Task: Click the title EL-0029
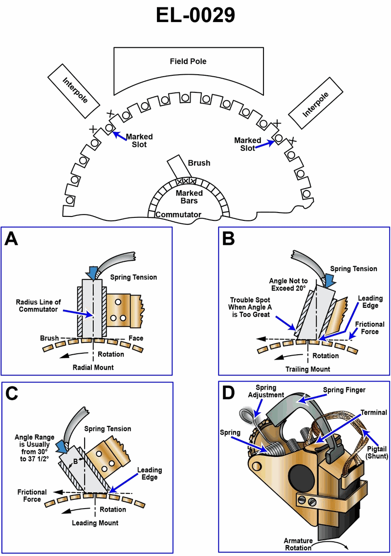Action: coord(195,16)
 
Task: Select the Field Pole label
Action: coord(188,62)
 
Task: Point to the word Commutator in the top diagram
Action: coord(178,214)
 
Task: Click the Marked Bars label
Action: coord(189,197)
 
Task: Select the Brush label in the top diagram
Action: coord(199,163)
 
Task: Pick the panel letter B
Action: coord(230,239)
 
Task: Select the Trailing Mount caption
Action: coord(307,369)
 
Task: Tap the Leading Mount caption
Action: coord(95,523)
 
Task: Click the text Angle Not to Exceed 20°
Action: coord(290,285)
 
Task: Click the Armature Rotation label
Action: coord(298,544)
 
